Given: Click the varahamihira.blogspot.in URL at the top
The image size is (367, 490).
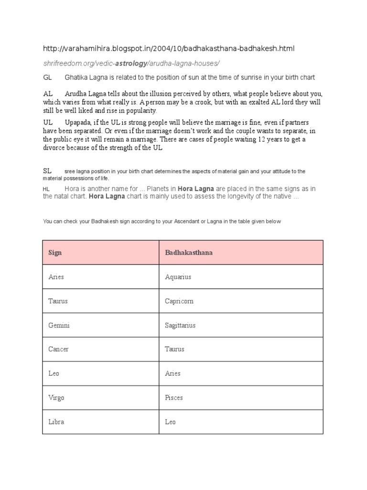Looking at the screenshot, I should coord(169,49).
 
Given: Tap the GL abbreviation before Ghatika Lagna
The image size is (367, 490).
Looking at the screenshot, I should coord(47,78).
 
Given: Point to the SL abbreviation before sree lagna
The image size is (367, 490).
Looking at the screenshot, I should coord(47,171).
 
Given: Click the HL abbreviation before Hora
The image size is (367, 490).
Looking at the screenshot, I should coord(47,189).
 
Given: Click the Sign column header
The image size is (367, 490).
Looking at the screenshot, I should coord(55,253).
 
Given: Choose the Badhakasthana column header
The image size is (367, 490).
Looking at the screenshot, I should coord(189,253).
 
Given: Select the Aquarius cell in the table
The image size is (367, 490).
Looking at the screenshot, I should coord(178,277).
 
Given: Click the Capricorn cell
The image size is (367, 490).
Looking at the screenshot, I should coord(179,301).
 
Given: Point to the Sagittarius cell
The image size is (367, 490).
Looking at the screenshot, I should coord(180,325).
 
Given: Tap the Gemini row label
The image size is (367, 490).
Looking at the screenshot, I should coord(59,325).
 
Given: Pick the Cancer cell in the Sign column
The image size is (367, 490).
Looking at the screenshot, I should coord(58,349).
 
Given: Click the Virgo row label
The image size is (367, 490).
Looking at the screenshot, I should coord(56,398).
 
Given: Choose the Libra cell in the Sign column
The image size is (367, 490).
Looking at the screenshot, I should coord(56,422).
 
